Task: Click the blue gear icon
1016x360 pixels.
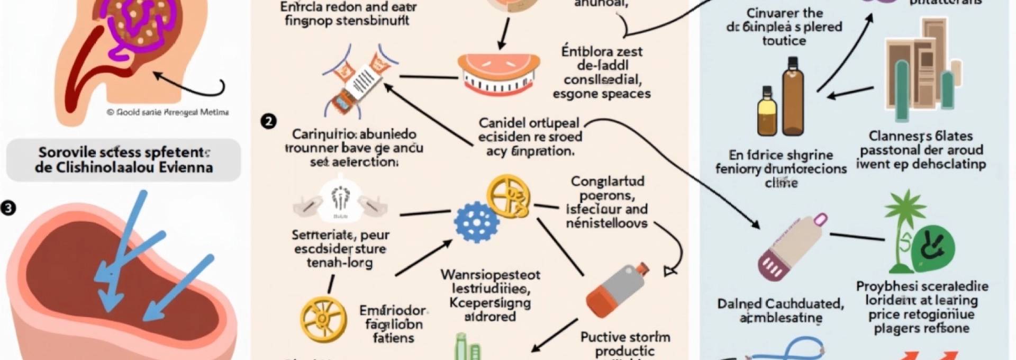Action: [x=477, y=222]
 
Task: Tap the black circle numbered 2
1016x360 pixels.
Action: [x=268, y=122]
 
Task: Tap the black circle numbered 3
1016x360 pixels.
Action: [x=8, y=208]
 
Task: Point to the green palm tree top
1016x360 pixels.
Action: [x=905, y=206]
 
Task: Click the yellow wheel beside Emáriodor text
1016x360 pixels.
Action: [x=323, y=319]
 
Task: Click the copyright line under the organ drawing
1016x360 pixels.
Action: [x=168, y=112]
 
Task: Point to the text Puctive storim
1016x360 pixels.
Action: [x=625, y=337]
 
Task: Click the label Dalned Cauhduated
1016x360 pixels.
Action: [x=780, y=304]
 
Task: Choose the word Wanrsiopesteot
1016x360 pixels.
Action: [x=490, y=275]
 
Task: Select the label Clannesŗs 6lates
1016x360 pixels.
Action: [x=920, y=136]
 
